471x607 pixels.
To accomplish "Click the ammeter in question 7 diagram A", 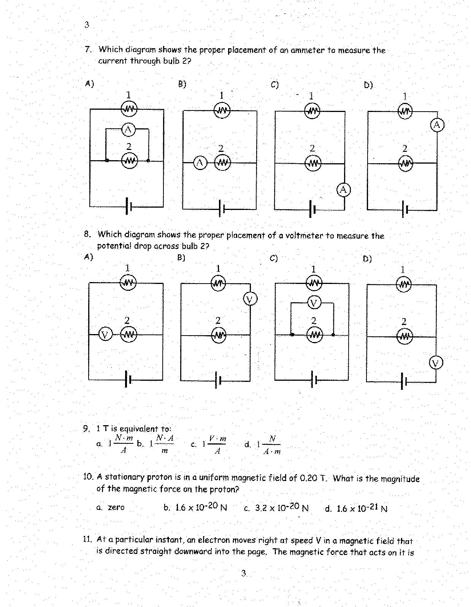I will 128,130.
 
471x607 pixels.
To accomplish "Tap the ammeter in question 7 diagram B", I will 200,163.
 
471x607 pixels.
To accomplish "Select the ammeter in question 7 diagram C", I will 344,189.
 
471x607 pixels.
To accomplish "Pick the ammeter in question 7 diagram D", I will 437,125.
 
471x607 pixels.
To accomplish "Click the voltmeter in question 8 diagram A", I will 105,334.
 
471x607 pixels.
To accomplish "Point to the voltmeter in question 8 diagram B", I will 250,300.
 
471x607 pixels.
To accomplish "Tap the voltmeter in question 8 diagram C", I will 314,303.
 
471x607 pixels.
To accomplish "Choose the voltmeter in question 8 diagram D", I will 436,363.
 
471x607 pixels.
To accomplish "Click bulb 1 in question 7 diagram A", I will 129,109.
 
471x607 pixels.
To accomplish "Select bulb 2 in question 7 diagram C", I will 313,164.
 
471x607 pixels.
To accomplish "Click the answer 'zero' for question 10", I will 116,507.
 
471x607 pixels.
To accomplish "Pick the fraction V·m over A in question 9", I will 218,445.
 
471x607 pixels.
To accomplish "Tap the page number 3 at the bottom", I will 244,573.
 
